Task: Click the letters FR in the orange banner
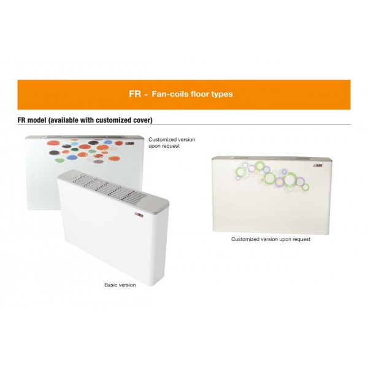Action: point(135,94)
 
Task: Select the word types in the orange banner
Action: point(222,94)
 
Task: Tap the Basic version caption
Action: point(120,285)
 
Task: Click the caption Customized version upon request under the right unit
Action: point(270,239)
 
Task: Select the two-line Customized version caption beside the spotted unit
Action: point(172,143)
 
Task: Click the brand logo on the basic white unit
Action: point(139,215)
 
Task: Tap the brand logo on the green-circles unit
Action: point(318,166)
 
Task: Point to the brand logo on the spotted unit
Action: point(129,143)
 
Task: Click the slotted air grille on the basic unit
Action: point(108,187)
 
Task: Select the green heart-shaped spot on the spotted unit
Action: point(59,160)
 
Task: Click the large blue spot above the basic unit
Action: point(71,157)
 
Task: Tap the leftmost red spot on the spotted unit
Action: point(52,143)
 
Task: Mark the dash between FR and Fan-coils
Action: point(146,95)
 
